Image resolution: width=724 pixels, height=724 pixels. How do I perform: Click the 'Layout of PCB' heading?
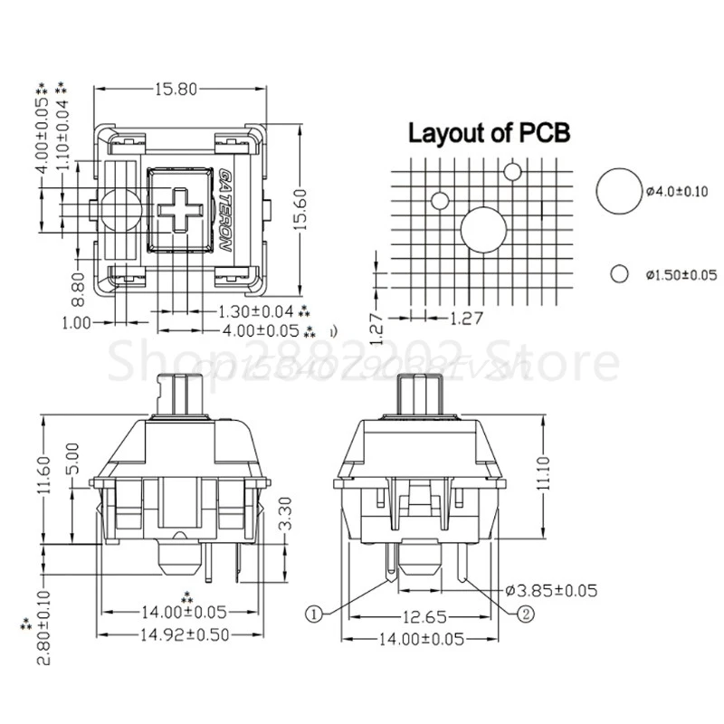[489, 134]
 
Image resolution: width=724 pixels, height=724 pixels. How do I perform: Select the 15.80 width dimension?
[181, 90]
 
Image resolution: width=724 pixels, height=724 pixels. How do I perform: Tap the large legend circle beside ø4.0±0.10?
[618, 189]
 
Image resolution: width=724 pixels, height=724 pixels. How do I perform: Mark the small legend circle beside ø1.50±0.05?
[620, 273]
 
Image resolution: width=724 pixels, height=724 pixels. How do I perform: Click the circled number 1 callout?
[314, 614]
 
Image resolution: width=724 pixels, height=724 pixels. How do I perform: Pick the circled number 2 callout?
[525, 614]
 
